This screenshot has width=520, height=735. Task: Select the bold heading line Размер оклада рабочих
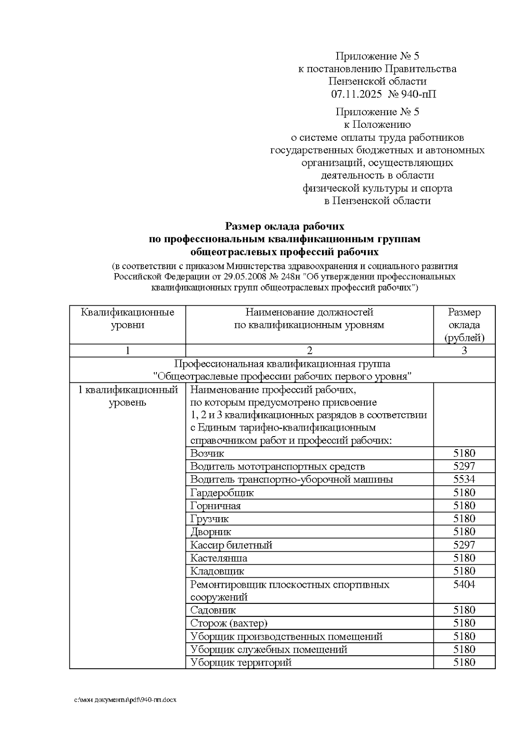(284, 226)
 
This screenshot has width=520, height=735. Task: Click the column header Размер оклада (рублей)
(464, 325)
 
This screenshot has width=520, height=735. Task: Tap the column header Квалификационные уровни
(127, 318)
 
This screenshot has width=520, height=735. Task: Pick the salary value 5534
(464, 479)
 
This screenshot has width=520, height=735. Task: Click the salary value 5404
(464, 584)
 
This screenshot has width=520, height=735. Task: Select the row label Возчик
(207, 453)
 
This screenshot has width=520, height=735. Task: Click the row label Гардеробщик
(222, 492)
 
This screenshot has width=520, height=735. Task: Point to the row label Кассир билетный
(231, 545)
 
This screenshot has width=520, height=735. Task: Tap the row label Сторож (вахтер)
(229, 623)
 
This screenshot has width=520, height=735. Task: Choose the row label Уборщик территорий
(241, 662)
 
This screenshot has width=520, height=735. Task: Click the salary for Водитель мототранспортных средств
(464, 466)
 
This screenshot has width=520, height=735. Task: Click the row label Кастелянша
(219, 558)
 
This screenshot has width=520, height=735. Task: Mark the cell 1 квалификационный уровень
(127, 396)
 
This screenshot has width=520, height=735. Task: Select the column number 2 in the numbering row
(309, 350)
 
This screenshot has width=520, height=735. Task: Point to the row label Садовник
(213, 610)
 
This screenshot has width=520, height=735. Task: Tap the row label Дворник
(211, 531)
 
